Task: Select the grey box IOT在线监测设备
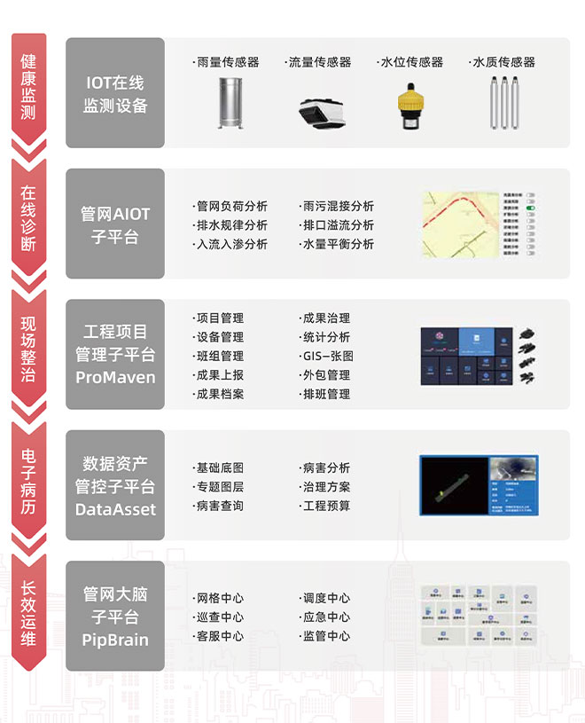(115, 93)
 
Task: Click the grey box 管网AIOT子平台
(115, 224)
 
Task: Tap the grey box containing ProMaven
(115, 354)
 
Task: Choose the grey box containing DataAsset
(115, 486)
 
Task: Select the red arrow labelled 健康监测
(28, 89)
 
